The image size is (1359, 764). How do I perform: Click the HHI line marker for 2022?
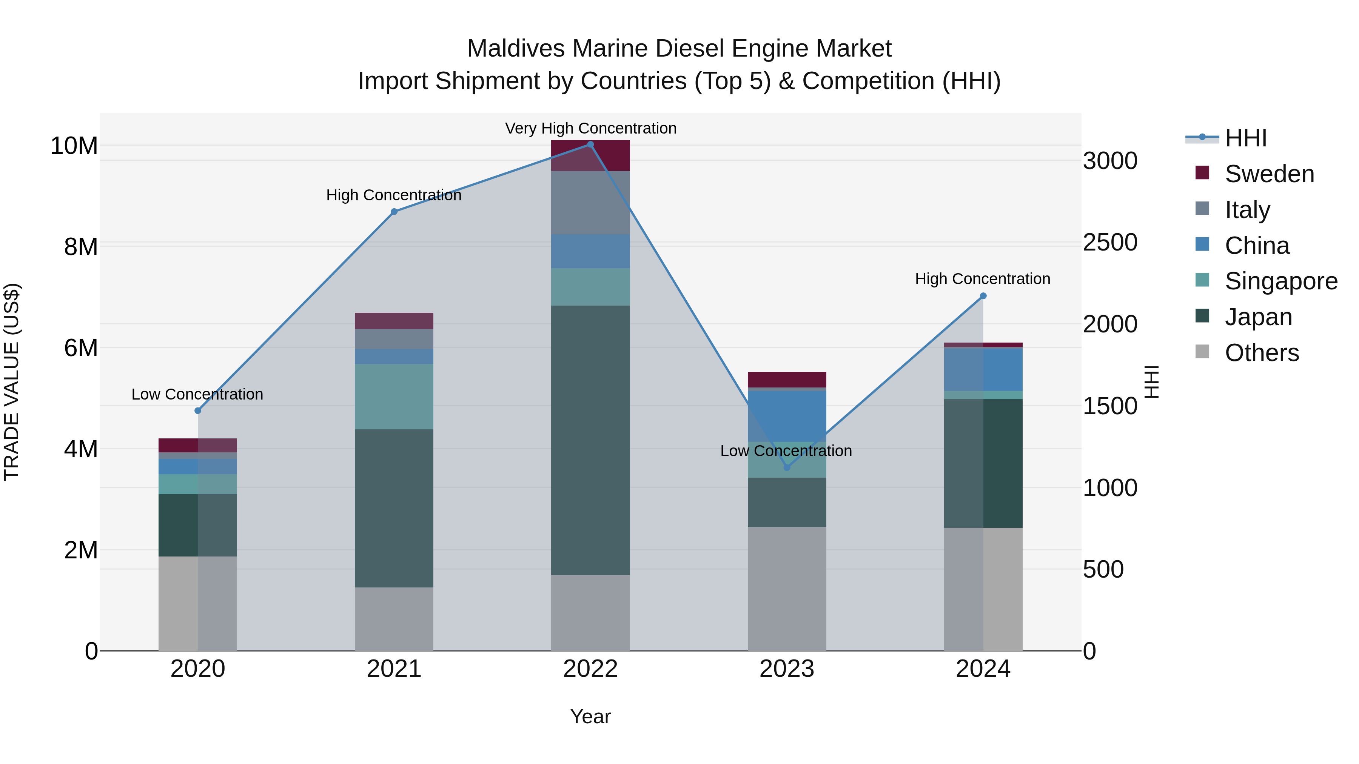(x=590, y=144)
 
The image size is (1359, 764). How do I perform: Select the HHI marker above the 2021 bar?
(x=394, y=211)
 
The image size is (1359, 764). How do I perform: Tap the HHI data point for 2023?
(x=787, y=467)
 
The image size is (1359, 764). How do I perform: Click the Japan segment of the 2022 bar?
(x=590, y=440)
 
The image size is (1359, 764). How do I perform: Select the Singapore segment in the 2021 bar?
(x=394, y=397)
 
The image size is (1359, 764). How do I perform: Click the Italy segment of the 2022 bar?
(x=590, y=203)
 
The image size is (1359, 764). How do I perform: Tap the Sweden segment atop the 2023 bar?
(x=787, y=380)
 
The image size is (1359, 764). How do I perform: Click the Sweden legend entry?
(x=1269, y=174)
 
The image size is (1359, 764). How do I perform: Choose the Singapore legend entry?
(x=1280, y=281)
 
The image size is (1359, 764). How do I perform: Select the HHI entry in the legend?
(x=1245, y=138)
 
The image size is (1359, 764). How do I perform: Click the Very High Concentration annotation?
(x=590, y=128)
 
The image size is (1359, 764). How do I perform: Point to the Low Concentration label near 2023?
(x=786, y=451)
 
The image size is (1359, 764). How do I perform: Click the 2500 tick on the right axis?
(x=1110, y=243)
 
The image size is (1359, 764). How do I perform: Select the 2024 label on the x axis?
(x=983, y=669)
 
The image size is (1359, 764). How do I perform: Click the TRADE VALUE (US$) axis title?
(x=12, y=382)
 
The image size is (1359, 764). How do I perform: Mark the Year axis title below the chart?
(x=590, y=716)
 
